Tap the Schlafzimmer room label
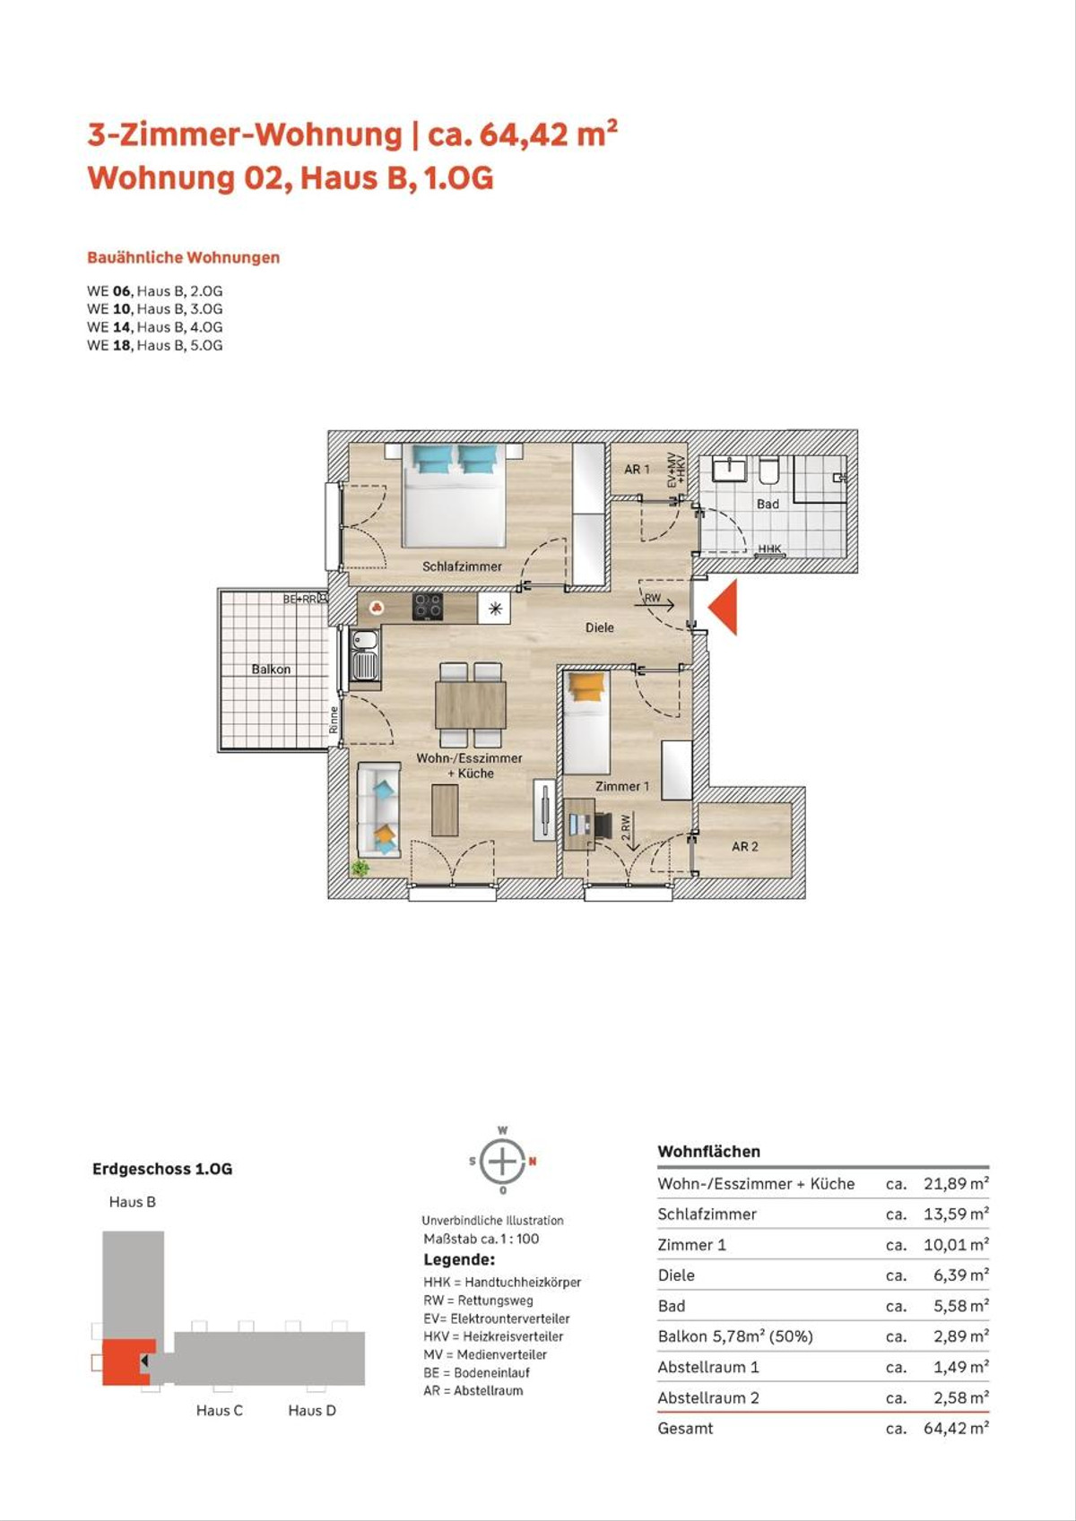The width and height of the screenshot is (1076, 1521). coord(462,566)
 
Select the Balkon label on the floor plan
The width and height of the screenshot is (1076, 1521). coord(271,669)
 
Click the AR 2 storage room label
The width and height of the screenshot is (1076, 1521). coord(744,847)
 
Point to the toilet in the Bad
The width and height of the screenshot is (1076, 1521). coord(769,470)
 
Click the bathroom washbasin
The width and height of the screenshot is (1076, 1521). coord(729,469)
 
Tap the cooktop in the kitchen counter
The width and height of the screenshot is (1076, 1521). coord(429,607)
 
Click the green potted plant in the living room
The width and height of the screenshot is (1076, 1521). coord(360,868)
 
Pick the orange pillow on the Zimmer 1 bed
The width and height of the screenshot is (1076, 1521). coord(586,686)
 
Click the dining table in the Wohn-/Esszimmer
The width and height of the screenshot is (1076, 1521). coord(471,704)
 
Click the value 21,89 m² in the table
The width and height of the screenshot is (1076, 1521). coord(956,1183)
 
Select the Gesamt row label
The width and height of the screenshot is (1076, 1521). coord(685,1428)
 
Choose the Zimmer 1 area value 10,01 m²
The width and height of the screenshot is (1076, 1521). coord(956,1245)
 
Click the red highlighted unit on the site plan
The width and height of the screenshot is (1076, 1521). coord(126,1361)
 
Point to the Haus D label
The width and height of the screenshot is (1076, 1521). coord(312,1411)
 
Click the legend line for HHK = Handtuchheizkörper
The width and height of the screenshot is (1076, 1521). coord(502,1283)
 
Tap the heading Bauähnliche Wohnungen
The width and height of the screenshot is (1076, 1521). coord(184,257)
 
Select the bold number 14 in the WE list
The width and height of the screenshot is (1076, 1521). coord(121,326)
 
